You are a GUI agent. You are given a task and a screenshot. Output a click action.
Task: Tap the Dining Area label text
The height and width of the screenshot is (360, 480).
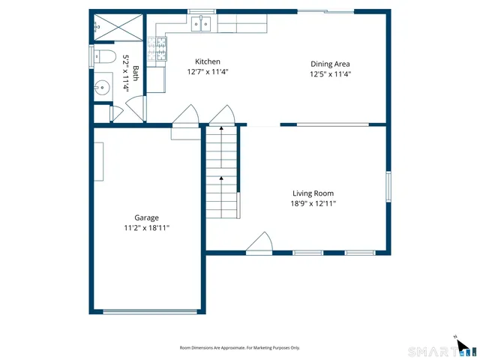[330, 64]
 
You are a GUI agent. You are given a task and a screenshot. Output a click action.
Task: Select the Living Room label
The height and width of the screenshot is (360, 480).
[313, 193]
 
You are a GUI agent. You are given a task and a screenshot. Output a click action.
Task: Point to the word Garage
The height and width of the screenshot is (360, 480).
[146, 218]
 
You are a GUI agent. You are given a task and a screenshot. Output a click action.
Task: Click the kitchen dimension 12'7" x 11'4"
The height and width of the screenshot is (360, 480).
[208, 73]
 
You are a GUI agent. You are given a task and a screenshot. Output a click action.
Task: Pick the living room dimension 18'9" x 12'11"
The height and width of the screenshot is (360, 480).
[313, 203]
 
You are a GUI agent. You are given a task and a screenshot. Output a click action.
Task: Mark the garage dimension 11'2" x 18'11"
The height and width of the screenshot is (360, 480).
[147, 228]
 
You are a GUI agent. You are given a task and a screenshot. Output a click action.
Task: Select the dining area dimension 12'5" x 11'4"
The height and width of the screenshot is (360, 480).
[330, 74]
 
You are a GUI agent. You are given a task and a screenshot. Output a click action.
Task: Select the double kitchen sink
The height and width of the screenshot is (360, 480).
[201, 25]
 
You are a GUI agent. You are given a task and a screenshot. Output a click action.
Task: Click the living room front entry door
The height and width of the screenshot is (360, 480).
[259, 243]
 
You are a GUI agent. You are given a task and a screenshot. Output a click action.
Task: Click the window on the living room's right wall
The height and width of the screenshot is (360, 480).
[388, 186]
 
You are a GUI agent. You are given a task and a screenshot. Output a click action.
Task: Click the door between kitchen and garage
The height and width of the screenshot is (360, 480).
[184, 117]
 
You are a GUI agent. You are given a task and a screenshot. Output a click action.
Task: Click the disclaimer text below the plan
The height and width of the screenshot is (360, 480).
[239, 348]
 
